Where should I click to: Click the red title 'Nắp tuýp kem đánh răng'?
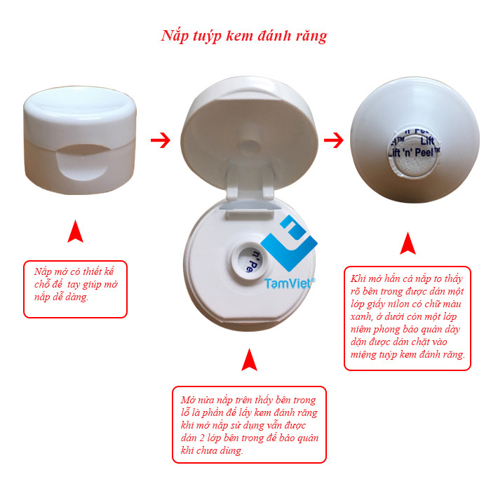tap(244, 36)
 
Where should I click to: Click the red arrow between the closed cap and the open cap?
tap(161, 140)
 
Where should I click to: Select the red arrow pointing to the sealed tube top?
tap(333, 140)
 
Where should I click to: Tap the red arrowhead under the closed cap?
tap(75, 231)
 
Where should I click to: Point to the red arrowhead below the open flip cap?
tap(249, 359)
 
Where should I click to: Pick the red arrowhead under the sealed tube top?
tap(408, 243)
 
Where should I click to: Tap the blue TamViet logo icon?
tap(289, 243)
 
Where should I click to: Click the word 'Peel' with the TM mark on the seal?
tap(424, 153)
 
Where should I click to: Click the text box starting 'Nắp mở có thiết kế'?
tap(75, 289)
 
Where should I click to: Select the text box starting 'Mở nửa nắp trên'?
tap(249, 424)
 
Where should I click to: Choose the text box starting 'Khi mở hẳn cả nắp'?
tap(408, 318)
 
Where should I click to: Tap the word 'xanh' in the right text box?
tap(361, 317)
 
